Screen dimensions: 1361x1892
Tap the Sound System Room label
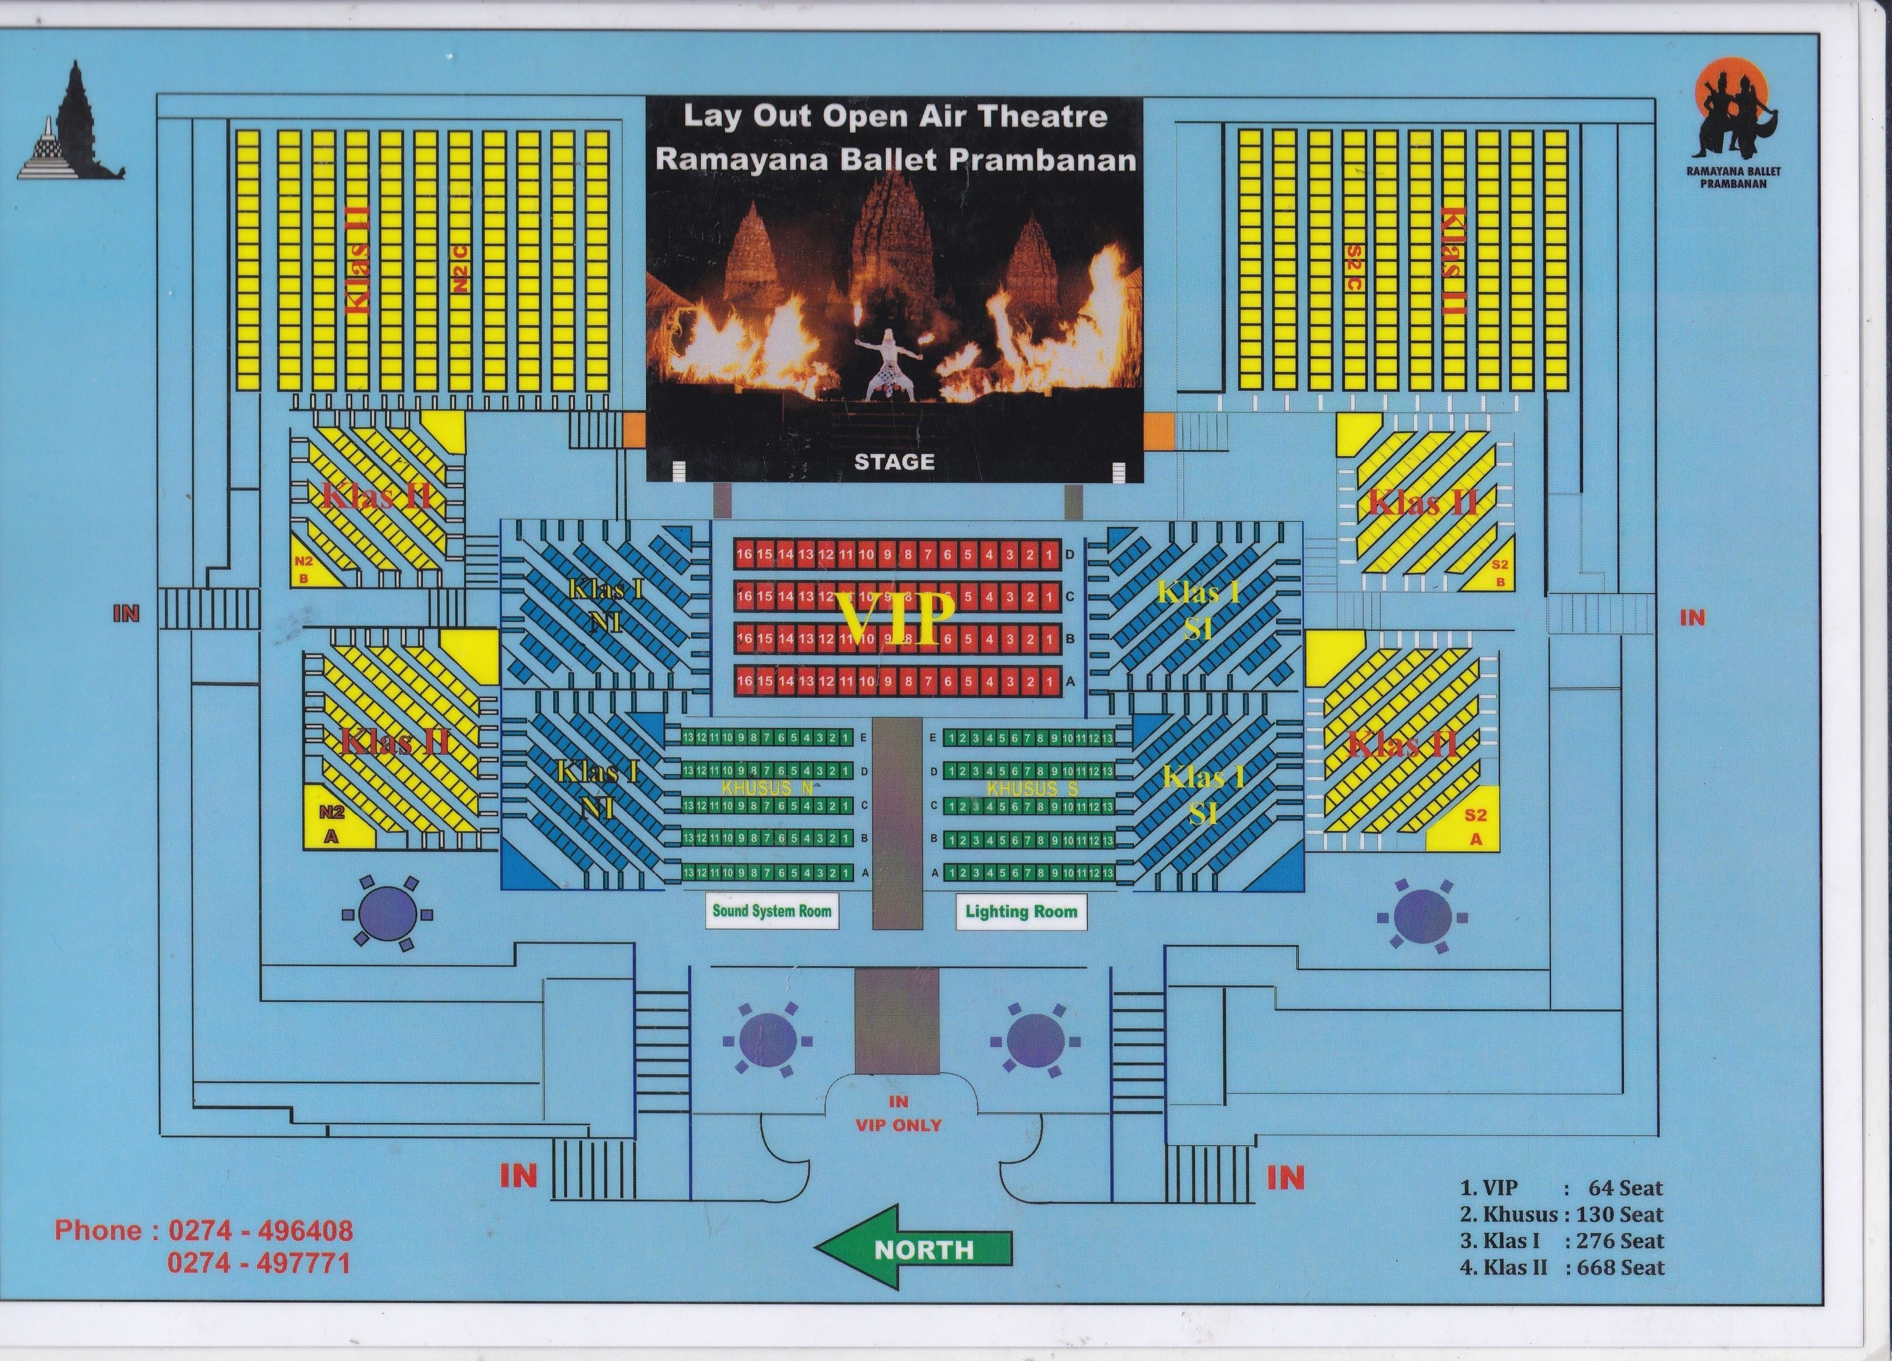pos(771,910)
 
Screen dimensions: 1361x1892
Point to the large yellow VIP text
pos(897,618)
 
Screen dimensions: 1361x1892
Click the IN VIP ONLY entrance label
pos(898,1113)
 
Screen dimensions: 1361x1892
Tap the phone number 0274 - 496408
pos(260,1230)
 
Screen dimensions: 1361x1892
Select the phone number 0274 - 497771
pos(259,1263)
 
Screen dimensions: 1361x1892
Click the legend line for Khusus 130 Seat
pos(1561,1214)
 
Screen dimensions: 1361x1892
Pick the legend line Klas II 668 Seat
pos(1561,1268)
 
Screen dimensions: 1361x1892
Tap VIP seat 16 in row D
pos(744,554)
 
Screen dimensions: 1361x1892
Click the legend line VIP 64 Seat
pos(1561,1188)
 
